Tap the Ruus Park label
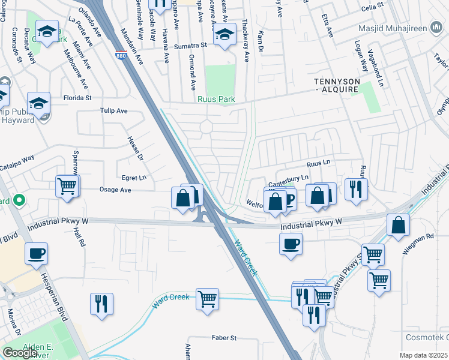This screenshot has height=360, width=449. (x=217, y=99)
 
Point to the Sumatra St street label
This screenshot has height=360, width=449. (x=190, y=45)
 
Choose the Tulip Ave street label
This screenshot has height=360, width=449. (x=113, y=111)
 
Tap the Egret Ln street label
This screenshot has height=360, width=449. (x=134, y=178)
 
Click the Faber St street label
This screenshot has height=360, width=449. (x=224, y=338)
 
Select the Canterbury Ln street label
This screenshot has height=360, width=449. (x=288, y=178)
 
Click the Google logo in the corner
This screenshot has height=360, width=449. (x=20, y=353)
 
